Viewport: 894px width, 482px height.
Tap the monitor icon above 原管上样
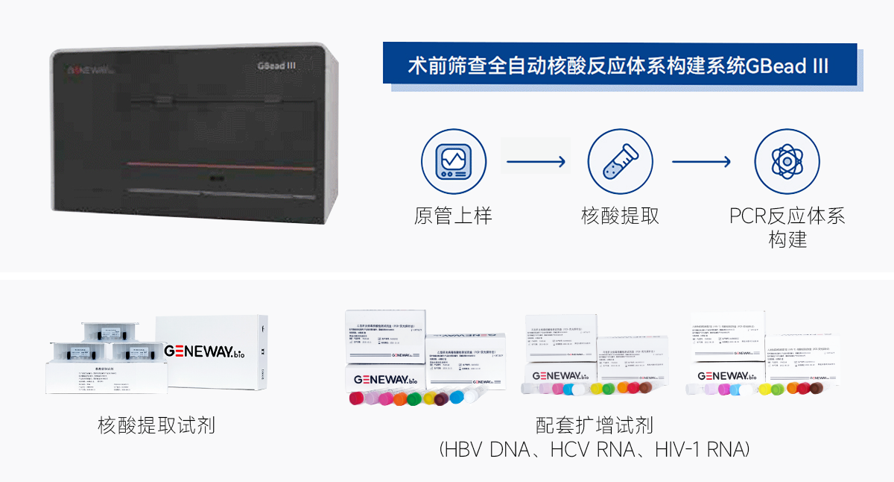tap(453, 161)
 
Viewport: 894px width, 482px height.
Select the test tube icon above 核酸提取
tap(620, 161)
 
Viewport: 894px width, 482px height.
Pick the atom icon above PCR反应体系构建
tap(787, 161)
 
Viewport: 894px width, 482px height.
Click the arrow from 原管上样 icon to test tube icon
tap(536, 161)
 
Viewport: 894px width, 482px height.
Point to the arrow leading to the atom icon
tap(702, 161)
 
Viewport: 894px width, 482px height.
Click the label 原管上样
tap(453, 216)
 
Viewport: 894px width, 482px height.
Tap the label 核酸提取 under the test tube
tap(620, 216)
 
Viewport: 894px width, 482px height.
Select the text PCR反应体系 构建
tap(787, 228)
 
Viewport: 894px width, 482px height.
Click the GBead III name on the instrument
tap(277, 66)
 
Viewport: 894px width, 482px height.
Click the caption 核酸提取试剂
tap(156, 426)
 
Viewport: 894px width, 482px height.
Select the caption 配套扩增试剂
tap(594, 426)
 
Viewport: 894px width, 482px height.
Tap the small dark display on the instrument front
tap(217, 179)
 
